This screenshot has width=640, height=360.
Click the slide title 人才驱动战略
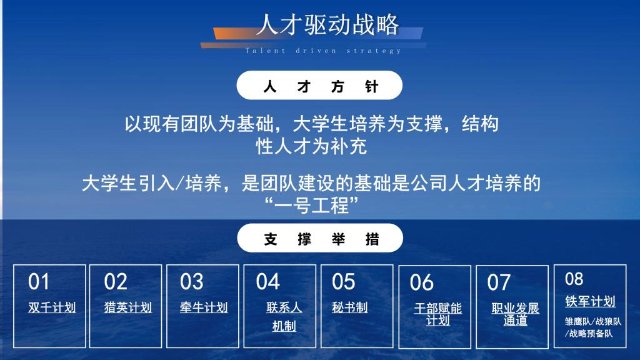(x=327, y=24)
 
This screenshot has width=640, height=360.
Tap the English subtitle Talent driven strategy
(x=323, y=51)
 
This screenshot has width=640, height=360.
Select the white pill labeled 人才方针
(x=319, y=85)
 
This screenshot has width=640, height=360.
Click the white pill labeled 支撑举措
(x=320, y=238)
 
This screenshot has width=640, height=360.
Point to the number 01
(x=39, y=282)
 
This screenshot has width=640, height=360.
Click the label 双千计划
(x=52, y=307)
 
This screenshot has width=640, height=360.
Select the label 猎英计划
(x=127, y=307)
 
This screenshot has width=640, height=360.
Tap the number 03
(x=191, y=282)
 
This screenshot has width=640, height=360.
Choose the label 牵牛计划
(x=204, y=307)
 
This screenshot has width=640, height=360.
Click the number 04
(x=267, y=282)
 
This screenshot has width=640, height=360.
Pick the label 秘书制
(x=350, y=307)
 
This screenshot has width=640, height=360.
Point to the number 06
(x=422, y=282)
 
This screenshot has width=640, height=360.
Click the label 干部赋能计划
(x=437, y=314)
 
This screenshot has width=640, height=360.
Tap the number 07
(x=499, y=282)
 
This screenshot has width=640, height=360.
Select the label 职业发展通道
(x=515, y=314)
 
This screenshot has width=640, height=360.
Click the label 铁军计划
(x=590, y=302)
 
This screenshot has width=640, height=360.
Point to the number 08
(x=574, y=279)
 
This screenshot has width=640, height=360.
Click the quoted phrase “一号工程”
(x=311, y=205)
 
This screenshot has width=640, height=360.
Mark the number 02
(x=116, y=282)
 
